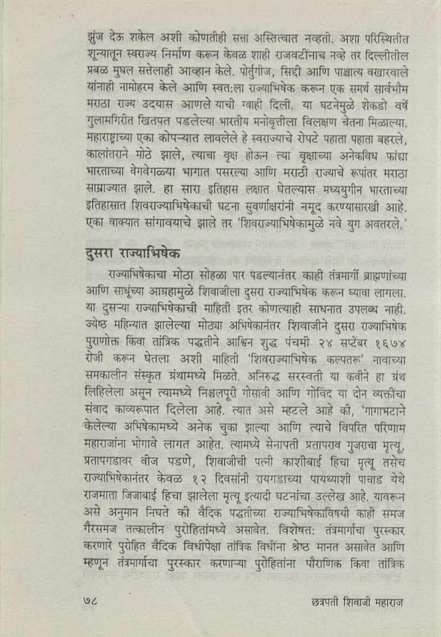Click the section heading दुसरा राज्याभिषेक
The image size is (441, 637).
[133, 254]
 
